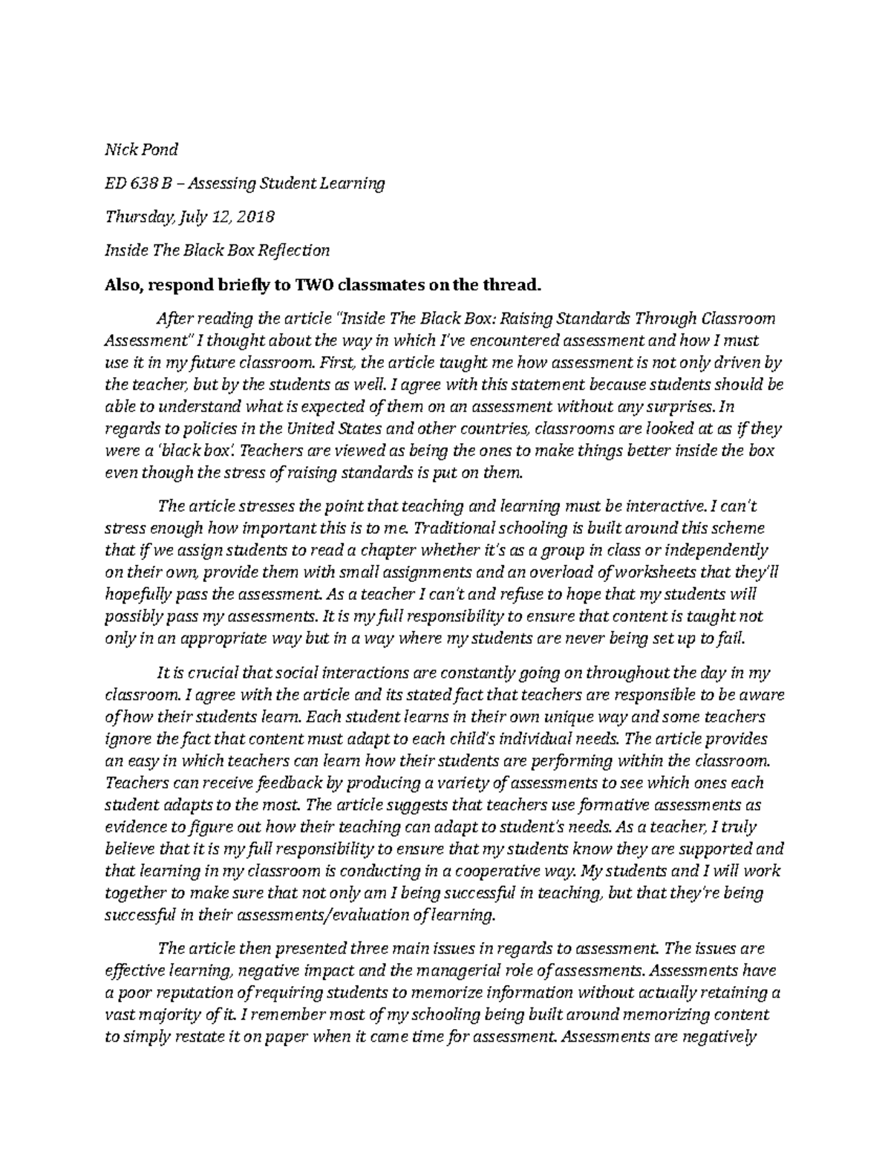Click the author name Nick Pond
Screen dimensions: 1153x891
click(141, 149)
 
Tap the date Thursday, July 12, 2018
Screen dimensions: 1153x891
click(189, 217)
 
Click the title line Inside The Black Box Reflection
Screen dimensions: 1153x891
click(216, 251)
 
